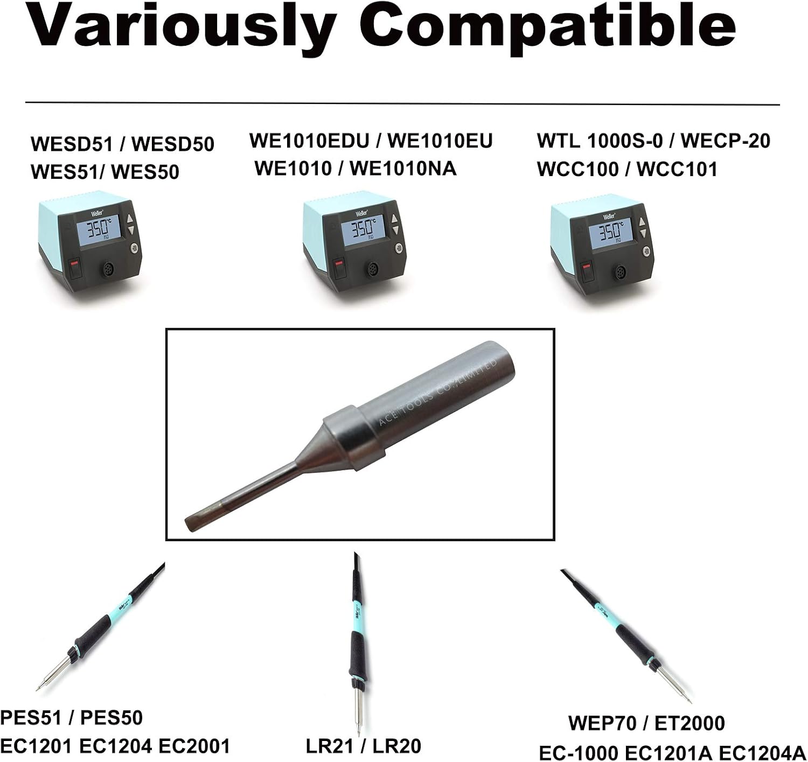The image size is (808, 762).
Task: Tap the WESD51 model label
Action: [x=72, y=144]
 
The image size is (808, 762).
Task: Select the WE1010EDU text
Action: [x=309, y=141]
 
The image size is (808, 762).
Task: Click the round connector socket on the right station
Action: [x=620, y=272]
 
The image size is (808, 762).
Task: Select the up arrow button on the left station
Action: [x=130, y=220]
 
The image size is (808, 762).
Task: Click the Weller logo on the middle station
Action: [x=361, y=213]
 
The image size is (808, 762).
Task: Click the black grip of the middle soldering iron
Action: [x=357, y=652]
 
